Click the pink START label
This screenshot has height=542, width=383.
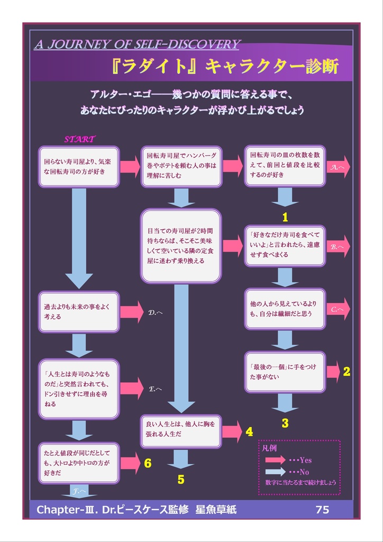click(x=79, y=140)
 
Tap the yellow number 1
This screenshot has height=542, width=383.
click(x=285, y=217)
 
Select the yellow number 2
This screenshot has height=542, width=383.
click(x=346, y=372)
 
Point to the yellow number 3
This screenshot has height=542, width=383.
click(x=285, y=423)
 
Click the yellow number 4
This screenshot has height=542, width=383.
click(x=249, y=432)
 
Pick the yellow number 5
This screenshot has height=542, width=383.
click(x=181, y=480)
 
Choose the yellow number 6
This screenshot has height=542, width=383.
click(x=148, y=464)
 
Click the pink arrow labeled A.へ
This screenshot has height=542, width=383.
click(x=338, y=167)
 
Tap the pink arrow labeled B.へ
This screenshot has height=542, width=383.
click(x=338, y=247)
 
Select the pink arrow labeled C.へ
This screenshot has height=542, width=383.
click(x=338, y=309)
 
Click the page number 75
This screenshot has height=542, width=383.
click(x=322, y=510)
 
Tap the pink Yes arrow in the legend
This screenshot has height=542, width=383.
click(x=275, y=460)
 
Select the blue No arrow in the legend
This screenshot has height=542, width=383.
click(x=275, y=472)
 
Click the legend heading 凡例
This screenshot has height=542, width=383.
click(x=270, y=448)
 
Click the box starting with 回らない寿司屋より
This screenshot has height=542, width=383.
click(x=79, y=167)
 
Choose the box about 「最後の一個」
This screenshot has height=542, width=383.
click(x=285, y=372)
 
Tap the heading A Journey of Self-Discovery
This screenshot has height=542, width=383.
click(x=137, y=44)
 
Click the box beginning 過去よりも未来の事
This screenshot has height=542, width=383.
click(x=79, y=312)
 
